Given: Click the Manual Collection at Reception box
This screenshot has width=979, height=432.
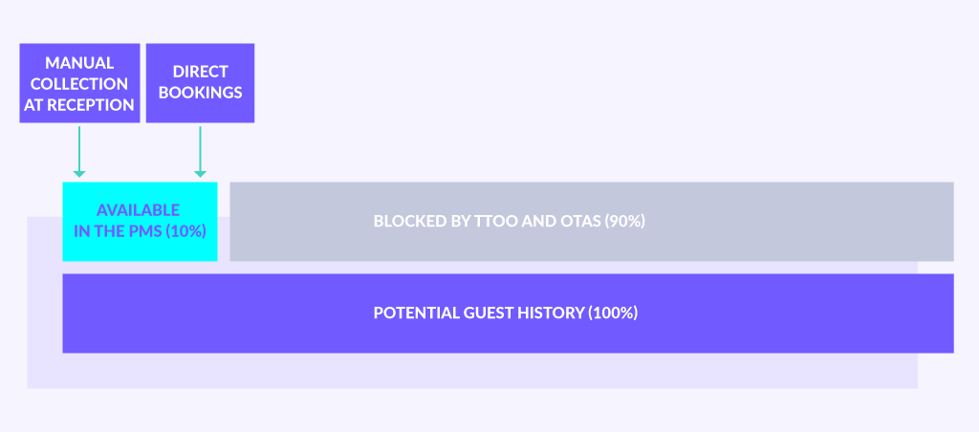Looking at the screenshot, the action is pyautogui.click(x=80, y=83).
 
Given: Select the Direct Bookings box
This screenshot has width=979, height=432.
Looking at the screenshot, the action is pyautogui.click(x=200, y=83).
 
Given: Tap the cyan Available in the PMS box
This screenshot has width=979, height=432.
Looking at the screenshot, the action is pyautogui.click(x=140, y=222).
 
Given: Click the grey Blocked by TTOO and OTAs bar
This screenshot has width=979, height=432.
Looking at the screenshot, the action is pyautogui.click(x=592, y=222).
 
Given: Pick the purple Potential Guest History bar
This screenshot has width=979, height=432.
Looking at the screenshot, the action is pyautogui.click(x=509, y=313).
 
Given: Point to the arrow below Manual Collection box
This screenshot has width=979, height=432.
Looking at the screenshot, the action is pyautogui.click(x=79, y=152).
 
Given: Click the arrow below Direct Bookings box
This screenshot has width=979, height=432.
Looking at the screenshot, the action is pyautogui.click(x=200, y=152).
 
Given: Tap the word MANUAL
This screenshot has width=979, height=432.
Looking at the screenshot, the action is pyautogui.click(x=79, y=63).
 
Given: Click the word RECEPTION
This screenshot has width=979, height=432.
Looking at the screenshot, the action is pyautogui.click(x=91, y=105).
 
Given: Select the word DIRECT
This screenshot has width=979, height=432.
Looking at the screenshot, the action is pyautogui.click(x=201, y=72).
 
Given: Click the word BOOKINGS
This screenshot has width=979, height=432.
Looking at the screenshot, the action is pyautogui.click(x=201, y=93).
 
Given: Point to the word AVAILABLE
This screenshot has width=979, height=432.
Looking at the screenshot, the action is pyautogui.click(x=138, y=209).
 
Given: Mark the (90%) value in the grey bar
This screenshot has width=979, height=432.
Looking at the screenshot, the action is pyautogui.click(x=624, y=222).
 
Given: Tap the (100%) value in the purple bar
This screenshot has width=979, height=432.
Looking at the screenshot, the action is pyautogui.click(x=613, y=313).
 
